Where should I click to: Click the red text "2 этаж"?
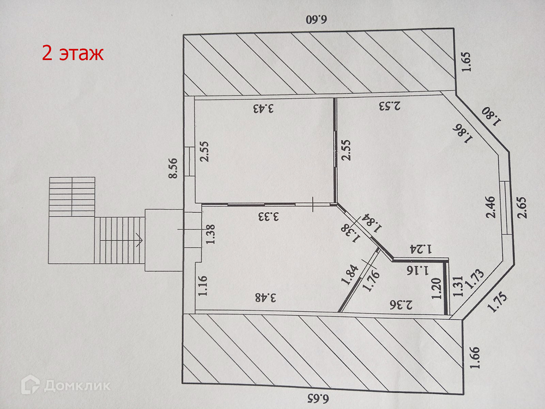point(72,54)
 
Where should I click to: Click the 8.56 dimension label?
point(173,168)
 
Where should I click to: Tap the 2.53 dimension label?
point(389,106)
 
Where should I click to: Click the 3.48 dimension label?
point(267,298)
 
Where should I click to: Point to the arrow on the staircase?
point(138,239)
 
